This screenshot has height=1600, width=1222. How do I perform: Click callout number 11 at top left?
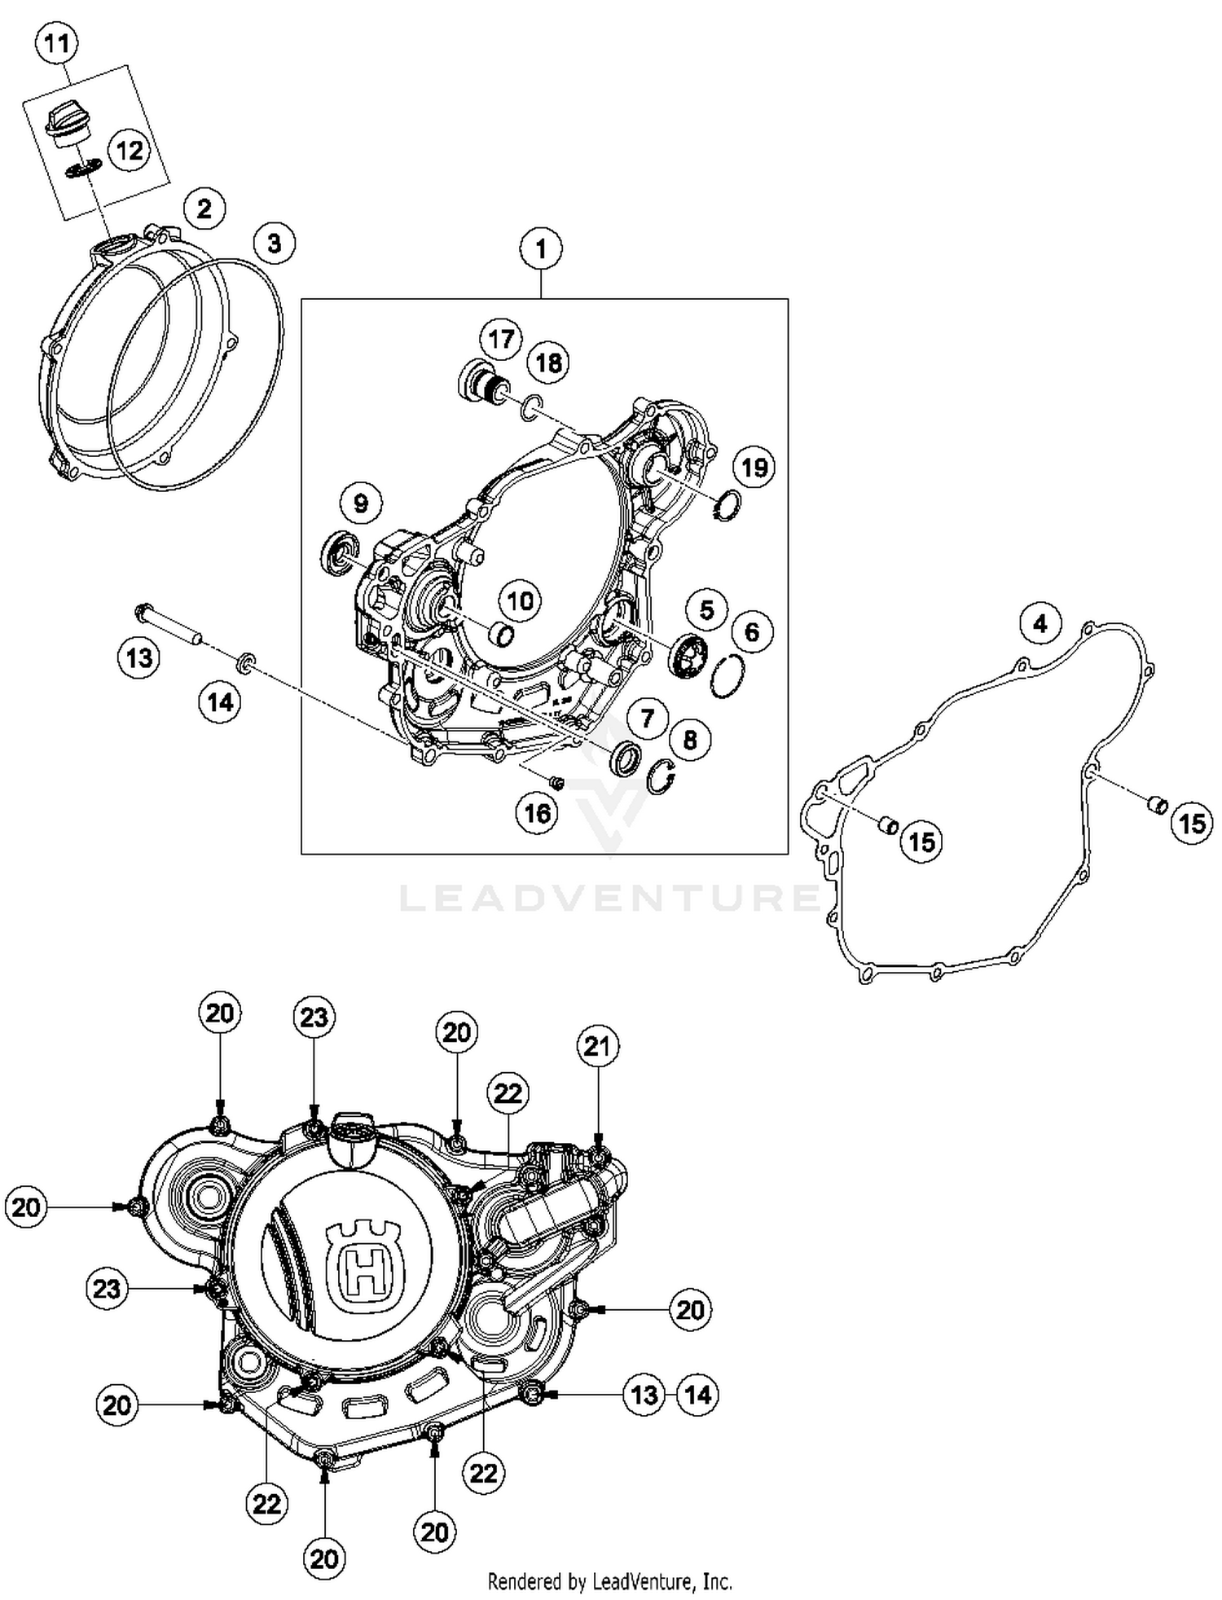tap(56, 42)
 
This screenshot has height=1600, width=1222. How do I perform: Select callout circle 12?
tap(129, 150)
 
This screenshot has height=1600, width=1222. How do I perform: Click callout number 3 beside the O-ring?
tap(274, 243)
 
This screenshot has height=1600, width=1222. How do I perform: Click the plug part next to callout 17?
tap(484, 382)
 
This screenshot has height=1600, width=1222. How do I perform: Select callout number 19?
tap(754, 467)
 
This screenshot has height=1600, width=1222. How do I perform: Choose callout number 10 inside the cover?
tap(520, 601)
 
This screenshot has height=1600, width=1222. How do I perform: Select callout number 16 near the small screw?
tap(538, 812)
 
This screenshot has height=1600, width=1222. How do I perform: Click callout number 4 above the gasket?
tap(1040, 623)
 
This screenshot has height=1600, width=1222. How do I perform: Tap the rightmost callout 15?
tap(1191, 823)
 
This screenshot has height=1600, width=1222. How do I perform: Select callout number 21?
tap(598, 1045)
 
